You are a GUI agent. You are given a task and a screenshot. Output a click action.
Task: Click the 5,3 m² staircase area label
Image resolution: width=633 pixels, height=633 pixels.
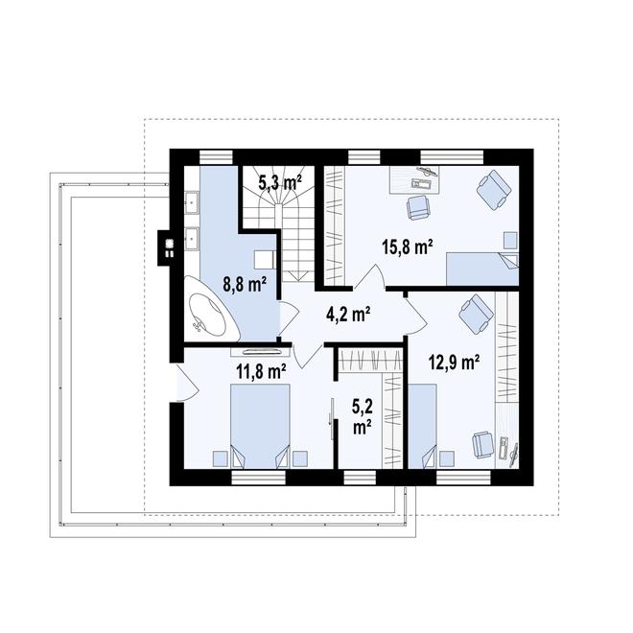point(281,180)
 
